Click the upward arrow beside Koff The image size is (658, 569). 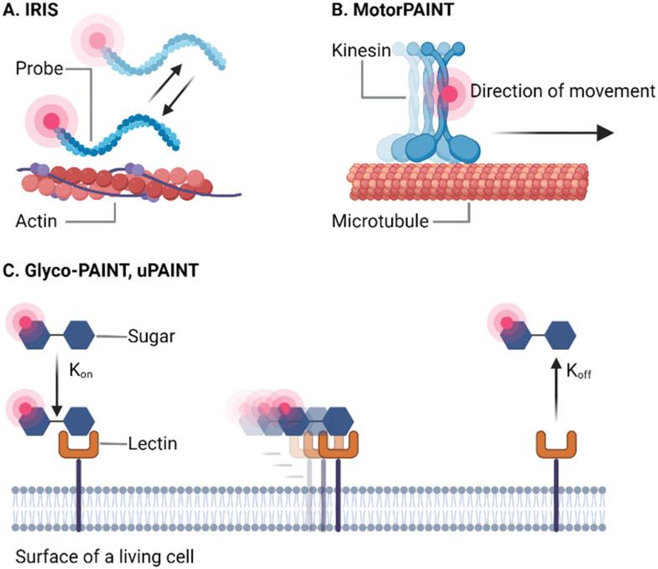point(555,395)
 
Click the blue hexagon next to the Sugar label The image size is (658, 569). point(78,336)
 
